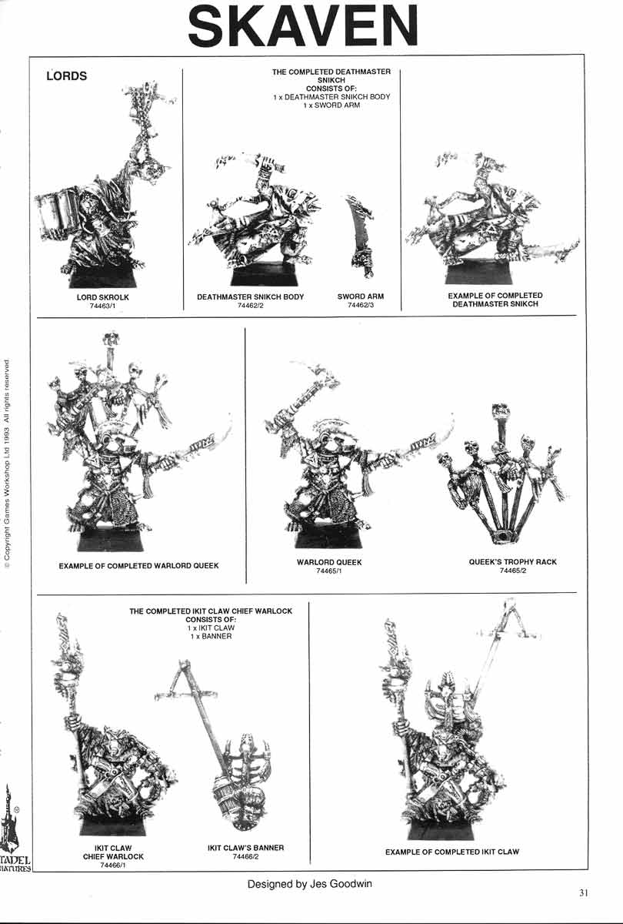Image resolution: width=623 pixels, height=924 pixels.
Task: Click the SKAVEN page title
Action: click(x=304, y=26)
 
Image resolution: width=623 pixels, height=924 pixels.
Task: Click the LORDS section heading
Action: click(x=67, y=76)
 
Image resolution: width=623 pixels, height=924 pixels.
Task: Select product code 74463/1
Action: click(x=102, y=306)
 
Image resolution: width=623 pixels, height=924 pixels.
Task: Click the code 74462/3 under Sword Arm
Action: click(x=360, y=306)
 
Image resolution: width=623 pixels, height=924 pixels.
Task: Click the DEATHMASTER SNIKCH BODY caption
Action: click(x=251, y=297)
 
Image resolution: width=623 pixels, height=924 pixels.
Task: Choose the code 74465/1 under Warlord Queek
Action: click(x=328, y=571)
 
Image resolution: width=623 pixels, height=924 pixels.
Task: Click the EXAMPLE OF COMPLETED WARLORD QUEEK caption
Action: click(x=138, y=566)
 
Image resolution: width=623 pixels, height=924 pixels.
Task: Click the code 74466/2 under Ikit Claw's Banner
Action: click(x=246, y=856)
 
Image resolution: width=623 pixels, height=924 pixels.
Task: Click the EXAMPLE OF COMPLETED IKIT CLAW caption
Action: click(x=451, y=852)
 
